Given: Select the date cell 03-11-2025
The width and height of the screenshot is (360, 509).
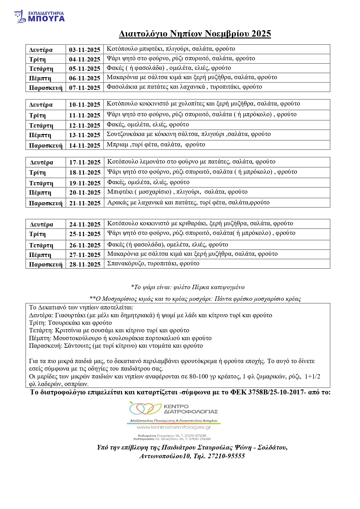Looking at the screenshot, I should [x=84, y=50].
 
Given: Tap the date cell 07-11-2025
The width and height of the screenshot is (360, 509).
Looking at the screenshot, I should [x=84, y=88].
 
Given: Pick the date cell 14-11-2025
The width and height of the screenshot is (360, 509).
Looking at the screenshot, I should [x=84, y=145].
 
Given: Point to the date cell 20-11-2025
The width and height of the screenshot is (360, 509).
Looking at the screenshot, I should [x=85, y=193].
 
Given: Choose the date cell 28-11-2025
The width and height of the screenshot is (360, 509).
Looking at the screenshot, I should [x=85, y=264].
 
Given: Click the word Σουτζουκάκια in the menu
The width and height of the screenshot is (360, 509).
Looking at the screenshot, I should [x=125, y=134].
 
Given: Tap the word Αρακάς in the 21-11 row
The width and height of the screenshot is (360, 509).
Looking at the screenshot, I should [x=117, y=202].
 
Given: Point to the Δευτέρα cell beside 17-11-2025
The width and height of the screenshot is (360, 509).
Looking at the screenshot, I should [x=41, y=162].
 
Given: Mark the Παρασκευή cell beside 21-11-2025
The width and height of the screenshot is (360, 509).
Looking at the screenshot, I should [x=46, y=203].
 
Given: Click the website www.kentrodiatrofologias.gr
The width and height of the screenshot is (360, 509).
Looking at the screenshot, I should [x=173, y=427].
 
